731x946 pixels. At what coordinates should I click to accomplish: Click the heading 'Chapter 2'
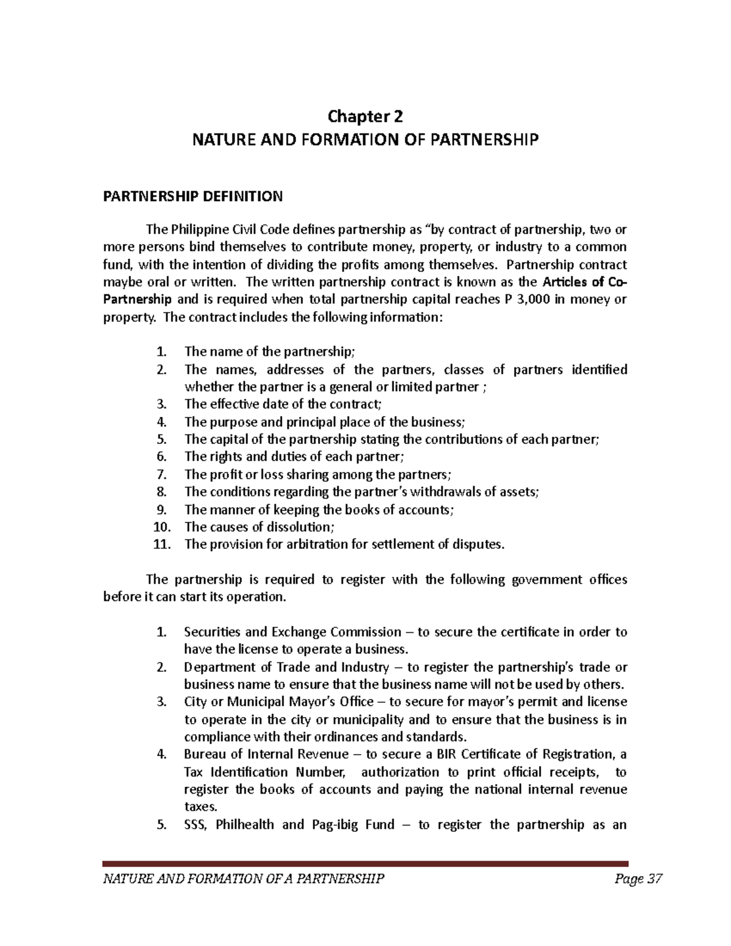(x=365, y=116)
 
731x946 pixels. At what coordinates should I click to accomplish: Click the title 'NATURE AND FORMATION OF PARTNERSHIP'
(x=365, y=140)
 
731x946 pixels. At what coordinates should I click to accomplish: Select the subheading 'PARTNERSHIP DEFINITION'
(x=192, y=196)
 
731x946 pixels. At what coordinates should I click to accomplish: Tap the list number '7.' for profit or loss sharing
(x=161, y=475)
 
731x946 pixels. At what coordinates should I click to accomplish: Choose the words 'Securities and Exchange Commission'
(x=292, y=632)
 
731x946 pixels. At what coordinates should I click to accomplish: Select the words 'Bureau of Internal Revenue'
(x=266, y=754)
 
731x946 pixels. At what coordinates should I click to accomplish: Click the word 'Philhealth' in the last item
(x=246, y=825)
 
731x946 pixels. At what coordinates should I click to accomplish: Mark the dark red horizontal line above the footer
(x=365, y=863)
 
